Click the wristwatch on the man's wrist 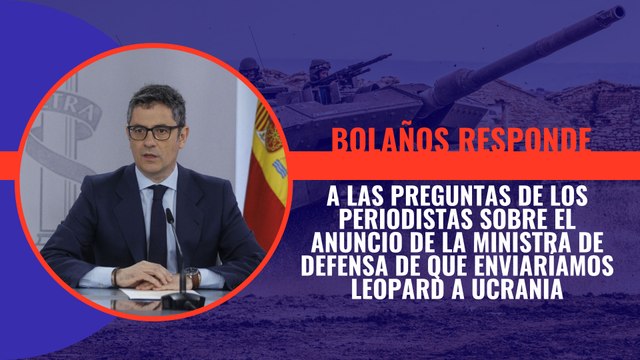[192, 274]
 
